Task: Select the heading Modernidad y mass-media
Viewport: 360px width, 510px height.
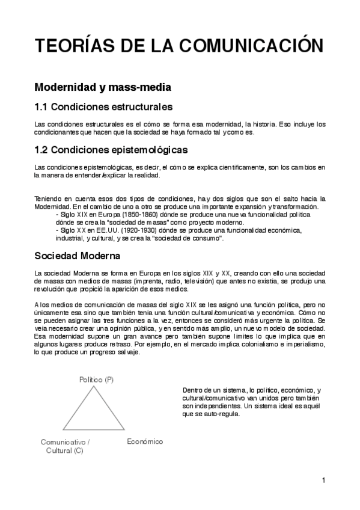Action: pyautogui.click(x=103, y=87)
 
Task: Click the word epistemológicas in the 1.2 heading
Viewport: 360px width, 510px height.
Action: pyautogui.click(x=151, y=149)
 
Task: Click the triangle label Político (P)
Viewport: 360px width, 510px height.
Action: pyautogui.click(x=97, y=379)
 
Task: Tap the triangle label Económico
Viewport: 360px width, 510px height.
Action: pyautogui.click(x=145, y=441)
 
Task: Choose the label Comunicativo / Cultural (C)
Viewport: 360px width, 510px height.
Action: pyautogui.click(x=65, y=446)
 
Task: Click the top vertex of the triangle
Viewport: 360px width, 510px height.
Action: pyautogui.click(x=94, y=387)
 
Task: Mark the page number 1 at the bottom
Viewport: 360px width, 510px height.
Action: pyautogui.click(x=323, y=480)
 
